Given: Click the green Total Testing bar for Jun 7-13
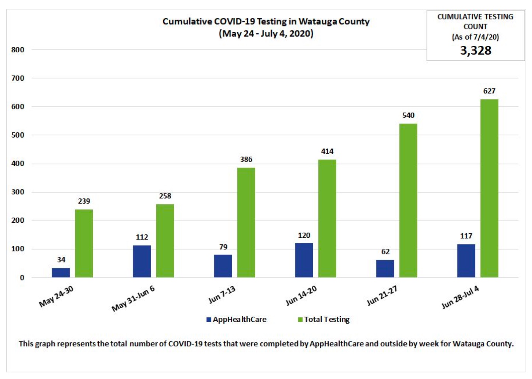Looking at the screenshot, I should [x=246, y=222].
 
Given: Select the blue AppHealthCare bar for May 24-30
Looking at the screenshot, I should [x=61, y=272].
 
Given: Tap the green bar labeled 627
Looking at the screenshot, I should [x=489, y=188].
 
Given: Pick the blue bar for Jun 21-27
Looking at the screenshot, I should [x=385, y=268].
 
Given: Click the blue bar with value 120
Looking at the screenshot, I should [x=304, y=260].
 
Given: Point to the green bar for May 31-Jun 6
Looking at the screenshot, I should [x=165, y=240].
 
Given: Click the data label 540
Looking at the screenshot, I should [x=408, y=115].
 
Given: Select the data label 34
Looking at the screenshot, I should [x=61, y=260].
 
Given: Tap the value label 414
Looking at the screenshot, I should [x=327, y=151].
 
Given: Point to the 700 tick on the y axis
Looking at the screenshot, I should [x=18, y=78].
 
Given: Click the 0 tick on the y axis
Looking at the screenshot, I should [x=22, y=278].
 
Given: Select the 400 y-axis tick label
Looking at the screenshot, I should [x=18, y=163].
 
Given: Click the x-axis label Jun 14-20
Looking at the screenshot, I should [x=301, y=295].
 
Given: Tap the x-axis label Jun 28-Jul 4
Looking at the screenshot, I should [x=460, y=297].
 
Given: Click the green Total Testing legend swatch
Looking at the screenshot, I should [x=300, y=320].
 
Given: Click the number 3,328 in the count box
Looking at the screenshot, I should [x=475, y=51].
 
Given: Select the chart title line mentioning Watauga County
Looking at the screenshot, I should [x=266, y=21].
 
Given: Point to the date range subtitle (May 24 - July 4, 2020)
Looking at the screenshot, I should [x=266, y=34].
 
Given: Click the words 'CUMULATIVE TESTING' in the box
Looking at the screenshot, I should [x=475, y=17].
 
